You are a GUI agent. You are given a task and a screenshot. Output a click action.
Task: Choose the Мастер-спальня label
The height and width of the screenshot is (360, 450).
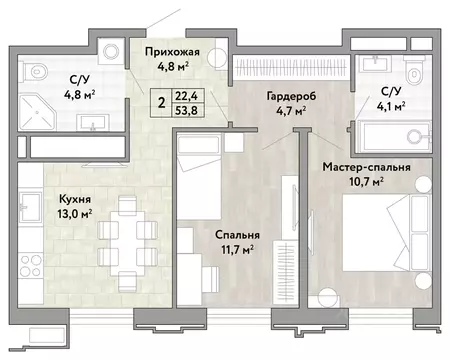pyautogui.click(x=367, y=167)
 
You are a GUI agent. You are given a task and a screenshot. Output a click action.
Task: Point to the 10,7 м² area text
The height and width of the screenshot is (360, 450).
pyautogui.click(x=367, y=184)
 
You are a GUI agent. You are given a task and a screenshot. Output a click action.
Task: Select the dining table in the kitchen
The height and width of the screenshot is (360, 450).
pyautogui.click(x=125, y=222)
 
